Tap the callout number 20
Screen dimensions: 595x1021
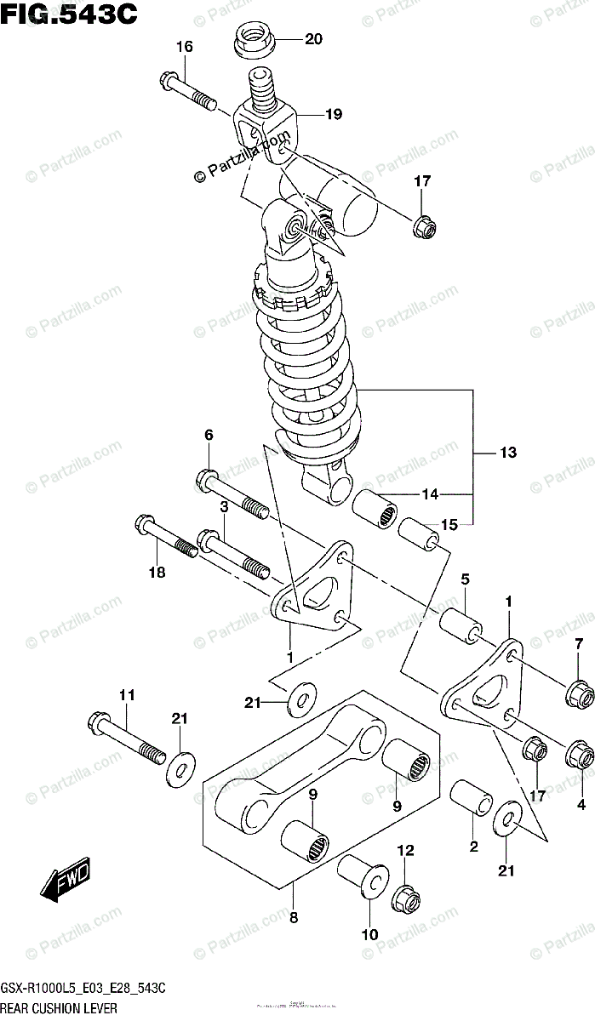[313, 39]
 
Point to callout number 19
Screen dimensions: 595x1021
[333, 113]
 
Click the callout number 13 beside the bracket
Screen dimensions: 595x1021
[507, 453]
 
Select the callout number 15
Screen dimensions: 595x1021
[449, 525]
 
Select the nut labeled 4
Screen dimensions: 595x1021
[579, 752]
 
